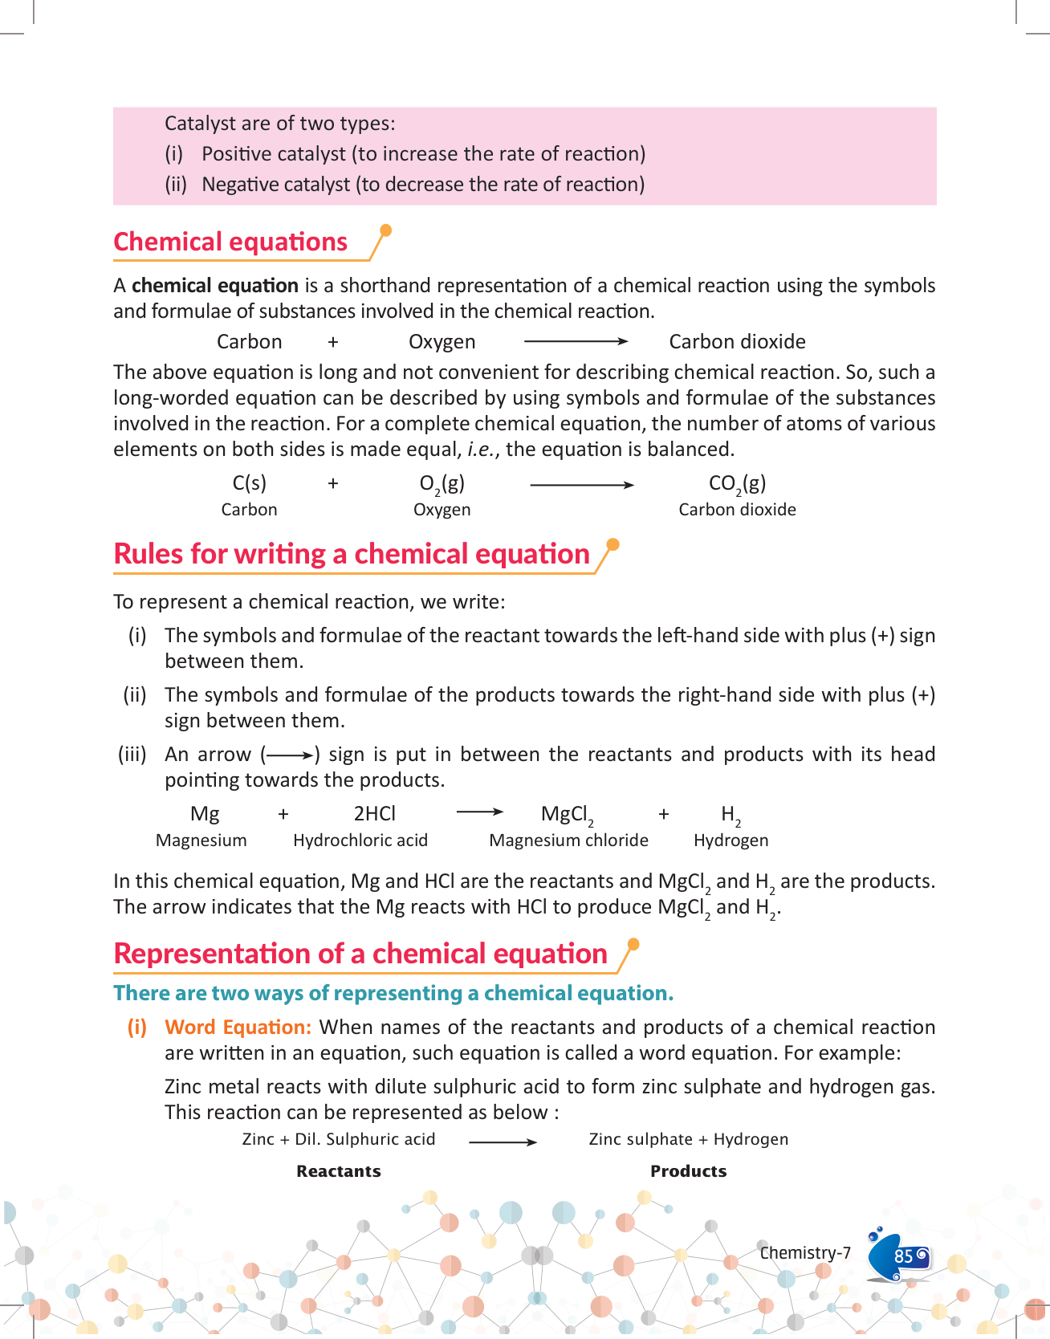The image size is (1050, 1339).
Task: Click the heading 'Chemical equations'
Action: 230,242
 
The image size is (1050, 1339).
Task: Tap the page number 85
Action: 903,1256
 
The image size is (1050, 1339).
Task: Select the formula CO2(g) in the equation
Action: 737,483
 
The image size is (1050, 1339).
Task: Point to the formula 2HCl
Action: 375,814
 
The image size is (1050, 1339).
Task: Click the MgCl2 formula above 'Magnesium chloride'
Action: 567,815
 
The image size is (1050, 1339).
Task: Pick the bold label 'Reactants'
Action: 338,1171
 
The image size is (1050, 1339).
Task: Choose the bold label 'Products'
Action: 688,1171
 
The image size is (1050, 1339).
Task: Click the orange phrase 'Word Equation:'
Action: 238,1028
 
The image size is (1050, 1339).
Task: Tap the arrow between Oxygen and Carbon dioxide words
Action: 576,342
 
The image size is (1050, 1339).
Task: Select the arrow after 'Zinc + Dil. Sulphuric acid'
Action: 503,1142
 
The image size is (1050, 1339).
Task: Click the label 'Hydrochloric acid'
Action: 360,840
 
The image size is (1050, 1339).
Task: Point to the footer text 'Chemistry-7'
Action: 805,1253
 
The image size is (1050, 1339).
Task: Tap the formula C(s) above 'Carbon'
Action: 249,483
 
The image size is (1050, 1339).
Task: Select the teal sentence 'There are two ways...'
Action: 393,994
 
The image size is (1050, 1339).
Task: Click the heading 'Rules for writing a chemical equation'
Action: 352,554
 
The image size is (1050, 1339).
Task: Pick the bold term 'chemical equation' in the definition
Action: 215,286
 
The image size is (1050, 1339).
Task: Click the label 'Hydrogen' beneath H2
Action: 731,840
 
